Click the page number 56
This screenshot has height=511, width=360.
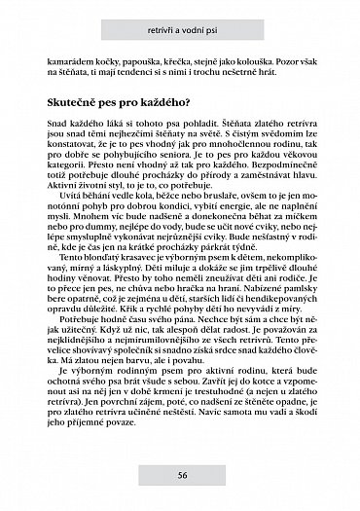pos(182,475)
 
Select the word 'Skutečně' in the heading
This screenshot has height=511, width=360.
pos(76,102)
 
